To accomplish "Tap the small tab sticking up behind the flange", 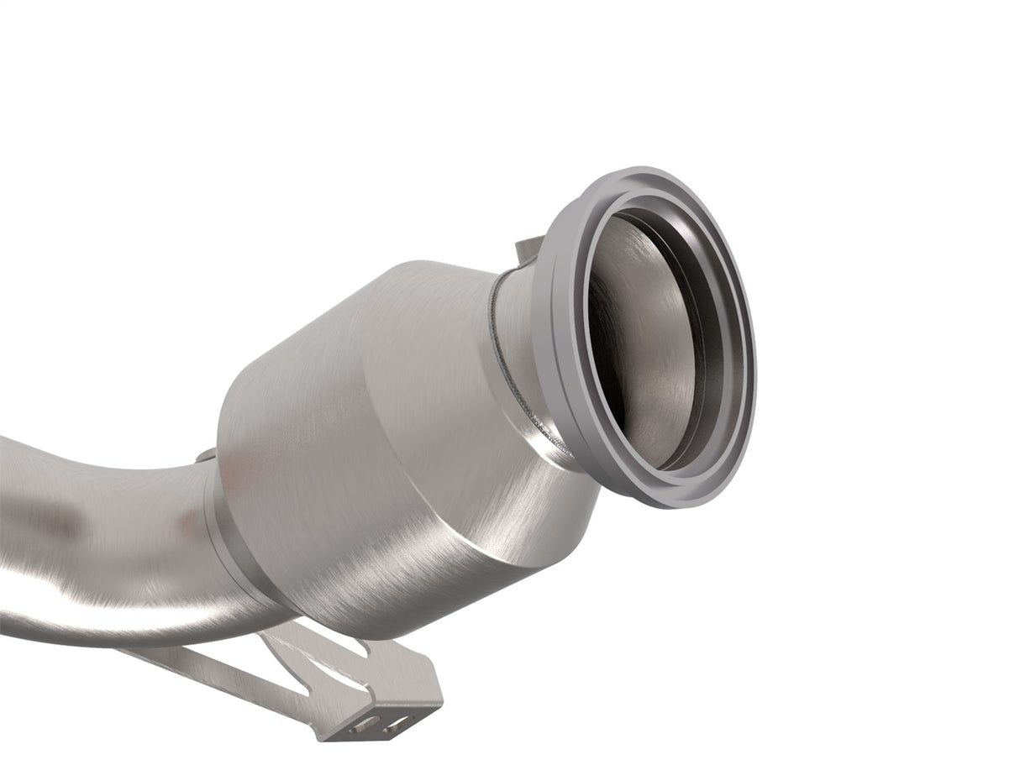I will (x=524, y=247).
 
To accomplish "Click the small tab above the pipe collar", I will (x=205, y=456).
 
